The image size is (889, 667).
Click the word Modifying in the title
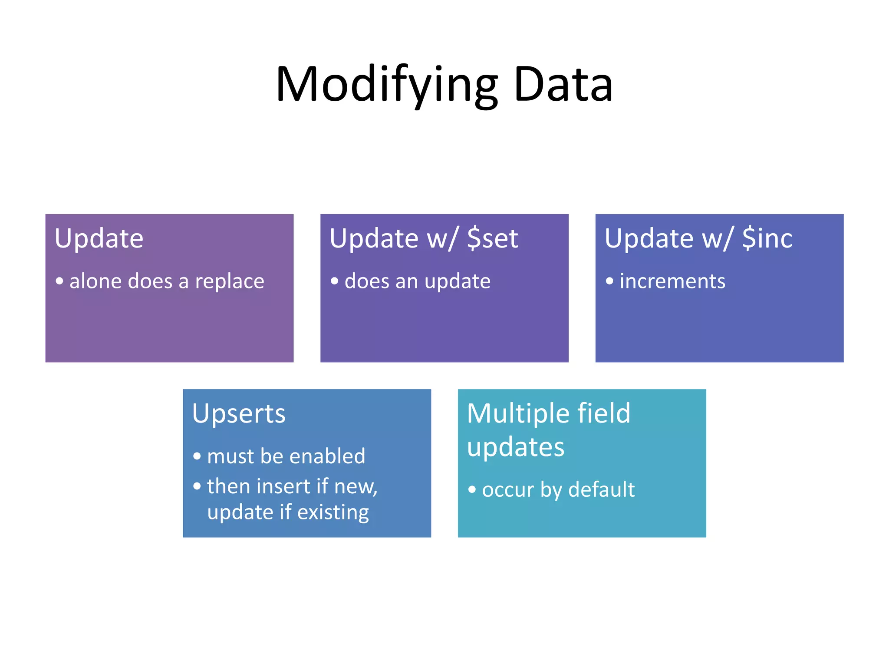(x=386, y=85)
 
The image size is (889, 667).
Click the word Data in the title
(x=563, y=85)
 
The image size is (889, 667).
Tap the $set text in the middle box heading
(x=492, y=238)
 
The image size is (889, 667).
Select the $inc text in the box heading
(x=767, y=238)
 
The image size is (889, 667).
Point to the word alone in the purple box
(x=95, y=281)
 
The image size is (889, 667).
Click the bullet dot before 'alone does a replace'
(x=59, y=281)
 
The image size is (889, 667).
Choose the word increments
(x=672, y=281)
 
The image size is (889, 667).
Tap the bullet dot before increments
(x=609, y=281)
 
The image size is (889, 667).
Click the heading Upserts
(x=239, y=414)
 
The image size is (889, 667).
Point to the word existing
(x=333, y=512)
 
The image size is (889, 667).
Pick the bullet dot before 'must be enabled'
(x=197, y=456)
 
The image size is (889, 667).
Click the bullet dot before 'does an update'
(x=334, y=281)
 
